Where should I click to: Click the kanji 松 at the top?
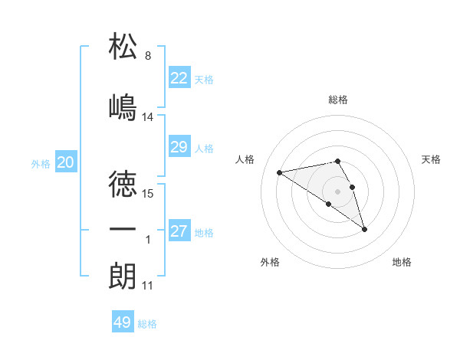click(x=123, y=47)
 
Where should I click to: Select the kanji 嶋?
click(x=123, y=106)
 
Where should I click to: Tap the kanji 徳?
click(x=123, y=184)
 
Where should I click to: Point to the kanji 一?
click(x=123, y=230)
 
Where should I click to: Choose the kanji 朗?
click(x=123, y=276)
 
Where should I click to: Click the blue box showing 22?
click(x=179, y=78)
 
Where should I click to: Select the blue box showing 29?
click(x=179, y=147)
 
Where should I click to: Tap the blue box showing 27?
click(x=179, y=231)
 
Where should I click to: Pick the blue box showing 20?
click(x=66, y=162)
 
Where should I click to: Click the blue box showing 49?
click(x=123, y=322)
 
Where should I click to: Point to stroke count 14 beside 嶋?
click(x=148, y=117)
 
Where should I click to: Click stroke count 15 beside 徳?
click(x=148, y=193)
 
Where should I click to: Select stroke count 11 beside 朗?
click(x=148, y=286)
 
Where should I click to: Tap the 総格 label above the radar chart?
click(x=338, y=100)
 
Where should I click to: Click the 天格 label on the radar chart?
click(x=431, y=159)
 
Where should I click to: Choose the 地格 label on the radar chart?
click(x=402, y=262)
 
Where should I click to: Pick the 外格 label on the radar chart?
click(x=270, y=262)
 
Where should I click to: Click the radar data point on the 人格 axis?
click(x=279, y=172)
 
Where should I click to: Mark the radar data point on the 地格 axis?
click(x=364, y=229)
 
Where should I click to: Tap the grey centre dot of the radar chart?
click(x=338, y=190)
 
